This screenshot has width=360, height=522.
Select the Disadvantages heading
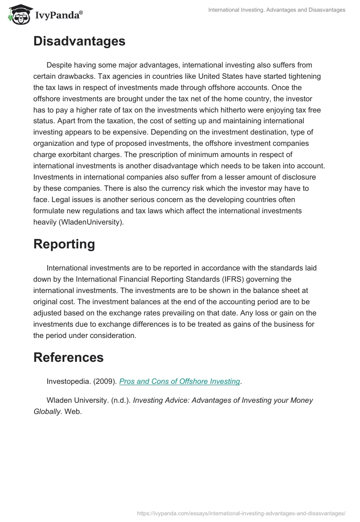pos(79,41)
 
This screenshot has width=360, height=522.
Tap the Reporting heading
pos(64,244)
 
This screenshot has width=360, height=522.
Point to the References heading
pos(68,357)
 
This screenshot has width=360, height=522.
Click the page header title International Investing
pos(277,9)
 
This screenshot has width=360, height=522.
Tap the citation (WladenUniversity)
pos(94,222)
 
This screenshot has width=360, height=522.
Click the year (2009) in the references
pos(105,381)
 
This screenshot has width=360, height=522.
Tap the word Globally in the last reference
pos(47,411)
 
